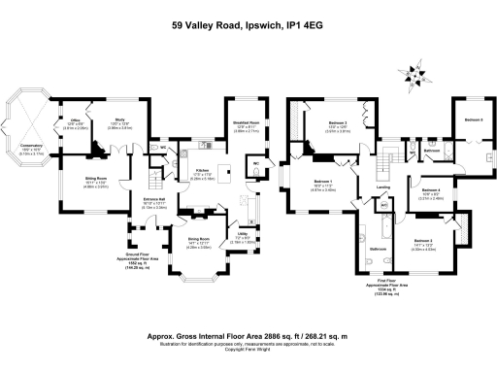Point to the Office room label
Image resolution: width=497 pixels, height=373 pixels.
pos(70,122)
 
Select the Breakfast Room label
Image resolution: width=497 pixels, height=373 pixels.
pos(248,122)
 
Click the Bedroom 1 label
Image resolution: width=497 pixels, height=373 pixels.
pos(324,182)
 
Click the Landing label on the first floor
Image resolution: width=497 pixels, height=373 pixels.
pos(383,187)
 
